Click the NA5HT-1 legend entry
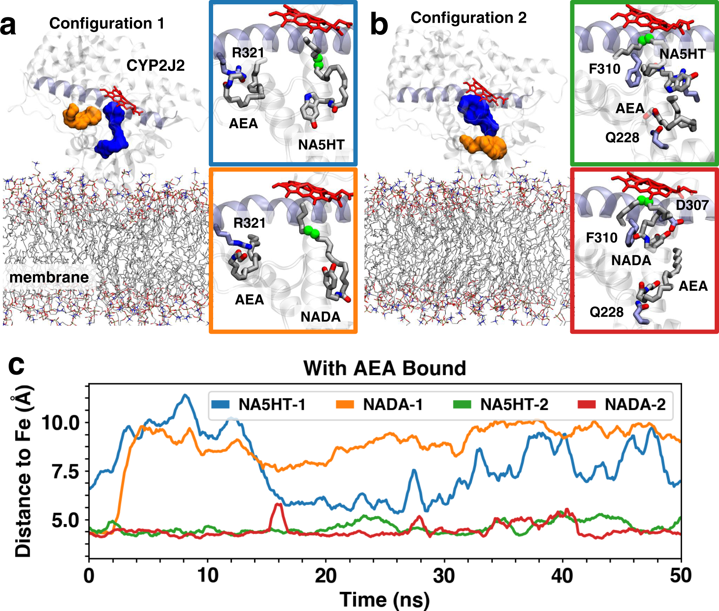[259, 404]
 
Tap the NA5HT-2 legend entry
[501, 404]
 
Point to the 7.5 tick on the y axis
[65, 472]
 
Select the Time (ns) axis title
[385, 599]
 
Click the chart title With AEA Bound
[385, 368]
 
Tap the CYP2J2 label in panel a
[155, 66]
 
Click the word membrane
[49, 278]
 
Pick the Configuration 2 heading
[468, 18]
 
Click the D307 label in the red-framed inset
[692, 205]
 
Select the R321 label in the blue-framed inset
[248, 53]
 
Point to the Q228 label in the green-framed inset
[622, 138]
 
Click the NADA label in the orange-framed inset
[320, 317]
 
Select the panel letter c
[16, 366]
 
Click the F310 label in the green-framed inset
[604, 69]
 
